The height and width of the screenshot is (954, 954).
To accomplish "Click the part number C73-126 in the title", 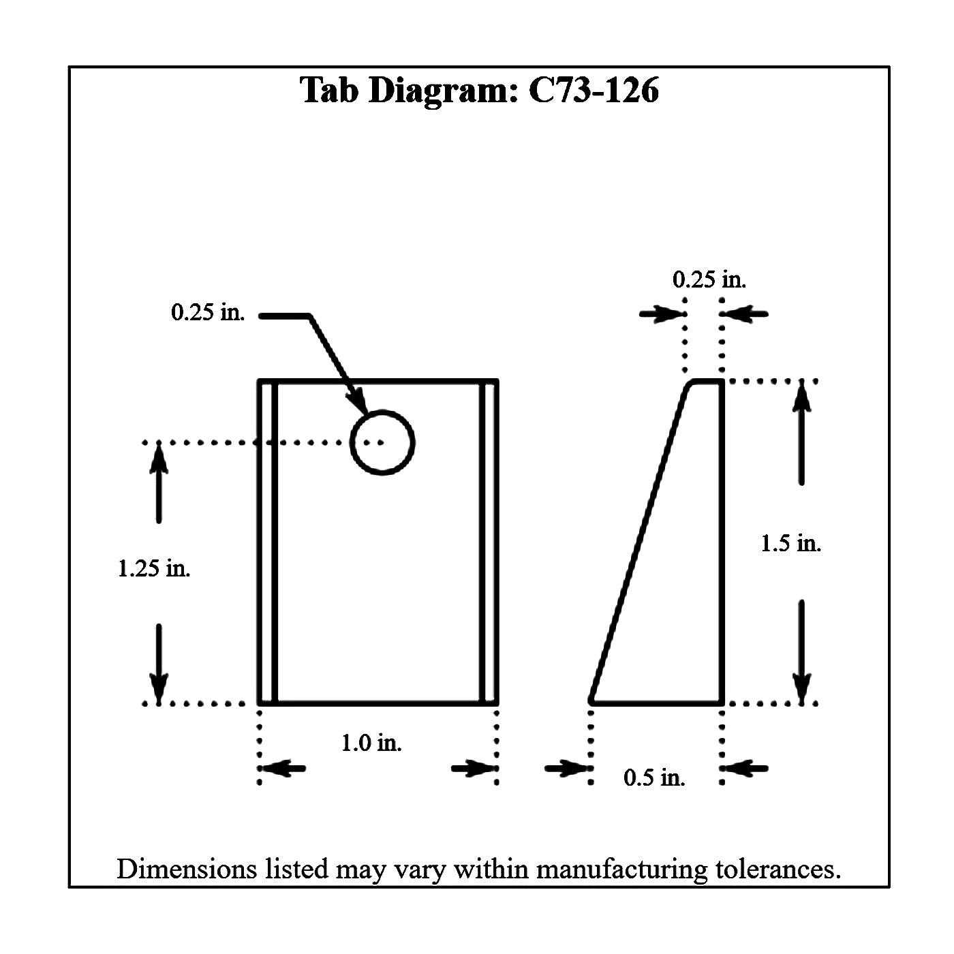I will (594, 91).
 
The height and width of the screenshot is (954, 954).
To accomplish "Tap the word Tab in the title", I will (331, 91).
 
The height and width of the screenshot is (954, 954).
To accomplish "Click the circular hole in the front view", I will (382, 442).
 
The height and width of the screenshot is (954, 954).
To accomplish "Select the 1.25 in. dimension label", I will (154, 568).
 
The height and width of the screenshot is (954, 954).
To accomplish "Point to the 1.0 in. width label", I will (371, 742).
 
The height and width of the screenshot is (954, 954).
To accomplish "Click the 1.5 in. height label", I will (790, 543).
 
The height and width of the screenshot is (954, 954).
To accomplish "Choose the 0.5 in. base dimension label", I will (654, 777).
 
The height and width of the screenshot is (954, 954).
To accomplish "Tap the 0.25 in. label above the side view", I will (709, 279).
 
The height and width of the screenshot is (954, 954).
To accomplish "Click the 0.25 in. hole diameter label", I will (208, 313).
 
